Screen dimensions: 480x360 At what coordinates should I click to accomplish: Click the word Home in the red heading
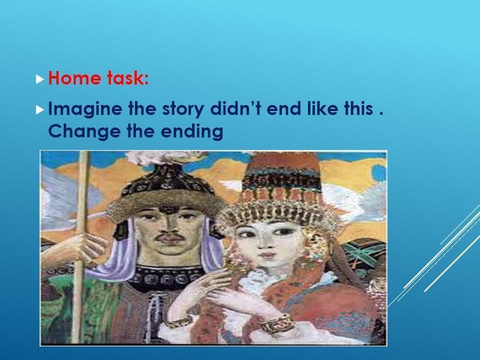pos(74,78)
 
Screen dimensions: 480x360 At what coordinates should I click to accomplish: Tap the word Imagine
pos(85,109)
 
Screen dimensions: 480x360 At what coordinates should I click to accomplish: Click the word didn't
pos(235,108)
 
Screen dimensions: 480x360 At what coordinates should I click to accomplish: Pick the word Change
pos(84,132)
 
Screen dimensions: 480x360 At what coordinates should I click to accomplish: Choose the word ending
pos(192,132)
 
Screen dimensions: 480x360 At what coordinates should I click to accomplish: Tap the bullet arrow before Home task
pos(40,79)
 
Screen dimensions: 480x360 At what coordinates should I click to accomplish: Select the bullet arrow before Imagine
pos(40,109)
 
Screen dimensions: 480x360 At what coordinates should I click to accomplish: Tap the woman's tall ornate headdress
pos(281,193)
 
